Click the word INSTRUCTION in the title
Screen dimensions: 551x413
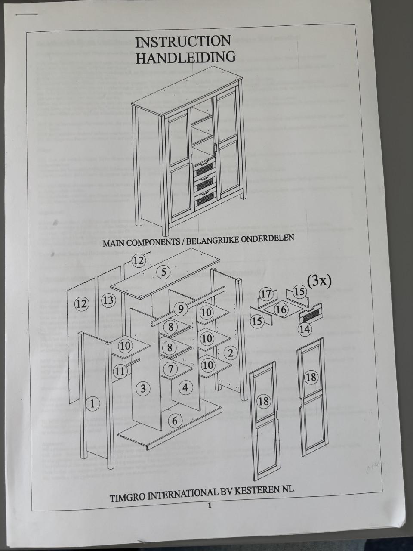coord(183,42)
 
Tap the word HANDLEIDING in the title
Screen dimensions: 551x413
coord(185,57)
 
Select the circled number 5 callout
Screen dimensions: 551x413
coord(164,272)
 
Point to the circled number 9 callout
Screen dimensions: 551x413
coord(181,308)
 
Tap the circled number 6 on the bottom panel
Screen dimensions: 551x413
coord(174,420)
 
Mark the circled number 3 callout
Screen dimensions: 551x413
coord(143,389)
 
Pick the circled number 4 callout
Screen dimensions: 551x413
coord(185,387)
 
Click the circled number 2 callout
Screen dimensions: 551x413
coord(231,353)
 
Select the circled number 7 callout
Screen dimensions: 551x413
coord(171,368)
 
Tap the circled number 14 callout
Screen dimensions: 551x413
coord(305,329)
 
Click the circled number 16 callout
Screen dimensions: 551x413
coord(281,310)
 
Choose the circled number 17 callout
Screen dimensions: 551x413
coord(266,294)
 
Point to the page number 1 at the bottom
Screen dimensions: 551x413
coord(210,506)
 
